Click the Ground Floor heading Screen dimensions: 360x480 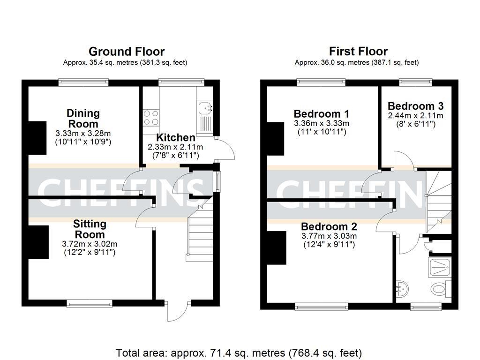127,51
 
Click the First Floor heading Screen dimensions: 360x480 358,51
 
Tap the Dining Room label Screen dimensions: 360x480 83,119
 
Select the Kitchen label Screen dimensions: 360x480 175,138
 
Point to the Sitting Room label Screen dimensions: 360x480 90,229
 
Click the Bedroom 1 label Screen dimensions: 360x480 321,114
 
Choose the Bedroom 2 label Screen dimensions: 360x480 329,226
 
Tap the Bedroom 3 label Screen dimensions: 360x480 415,106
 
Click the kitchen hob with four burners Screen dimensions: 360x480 150,117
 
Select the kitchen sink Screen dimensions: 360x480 204,109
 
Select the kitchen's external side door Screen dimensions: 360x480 227,150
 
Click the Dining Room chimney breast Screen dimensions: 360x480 37,138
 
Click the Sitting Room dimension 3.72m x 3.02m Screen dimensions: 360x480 90,244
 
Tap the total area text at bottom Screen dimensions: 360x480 239,352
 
